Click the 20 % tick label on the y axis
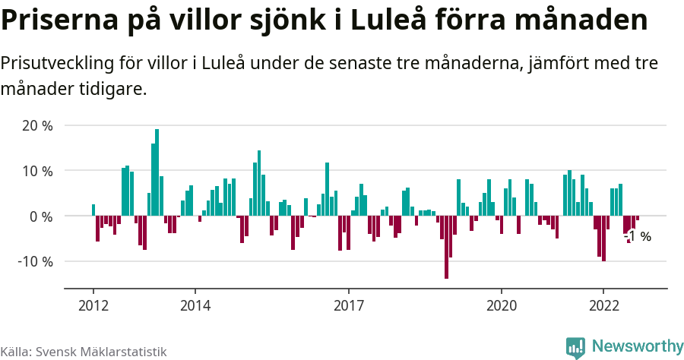(36, 126)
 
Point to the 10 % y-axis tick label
(36, 171)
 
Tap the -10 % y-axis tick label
(34, 261)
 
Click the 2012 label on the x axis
(93, 305)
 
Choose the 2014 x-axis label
(195, 305)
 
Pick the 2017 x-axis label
(348, 305)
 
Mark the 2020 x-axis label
(501, 305)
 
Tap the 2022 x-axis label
(603, 305)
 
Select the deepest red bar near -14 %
(446, 248)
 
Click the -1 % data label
(638, 236)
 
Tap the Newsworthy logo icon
(575, 347)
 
